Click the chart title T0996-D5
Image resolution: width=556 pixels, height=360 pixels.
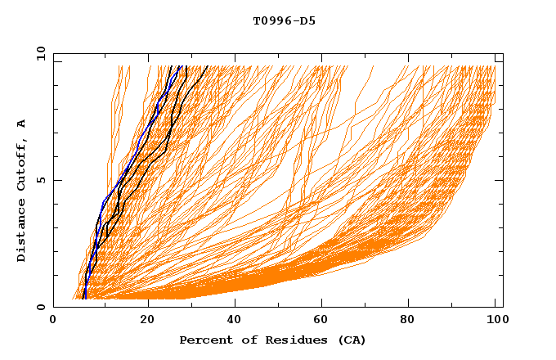pos(284,21)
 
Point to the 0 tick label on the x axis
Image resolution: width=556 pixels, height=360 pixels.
pos(54,322)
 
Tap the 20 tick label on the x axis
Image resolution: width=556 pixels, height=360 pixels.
pos(148,322)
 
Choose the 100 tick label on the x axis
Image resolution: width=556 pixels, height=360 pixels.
pos(494,322)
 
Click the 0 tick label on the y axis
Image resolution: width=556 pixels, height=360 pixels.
pos(40,307)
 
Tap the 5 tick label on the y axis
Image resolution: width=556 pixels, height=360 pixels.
pos(40,180)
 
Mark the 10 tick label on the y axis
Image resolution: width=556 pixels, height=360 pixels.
pos(40,53)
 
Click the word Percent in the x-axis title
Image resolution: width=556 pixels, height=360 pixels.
pos(202,340)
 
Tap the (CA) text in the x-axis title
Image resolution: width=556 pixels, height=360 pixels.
pos(350,340)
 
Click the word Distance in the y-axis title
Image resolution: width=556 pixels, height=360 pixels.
pos(22,232)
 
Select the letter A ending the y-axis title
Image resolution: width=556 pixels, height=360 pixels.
pos(22,124)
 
